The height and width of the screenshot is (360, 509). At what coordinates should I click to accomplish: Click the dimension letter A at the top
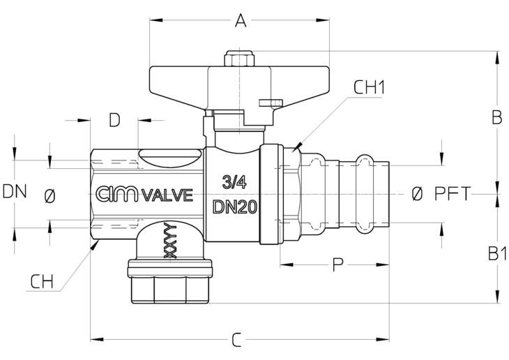241,20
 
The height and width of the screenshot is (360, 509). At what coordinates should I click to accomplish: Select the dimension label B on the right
496,118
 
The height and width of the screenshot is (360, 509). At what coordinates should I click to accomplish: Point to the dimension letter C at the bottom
236,340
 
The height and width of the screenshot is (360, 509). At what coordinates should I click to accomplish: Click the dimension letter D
114,120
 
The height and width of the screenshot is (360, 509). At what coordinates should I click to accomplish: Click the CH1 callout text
369,87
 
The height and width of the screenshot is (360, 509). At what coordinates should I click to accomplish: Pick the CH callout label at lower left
42,282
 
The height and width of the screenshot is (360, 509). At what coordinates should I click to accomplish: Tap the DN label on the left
15,191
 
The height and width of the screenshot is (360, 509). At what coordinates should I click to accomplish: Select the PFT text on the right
453,194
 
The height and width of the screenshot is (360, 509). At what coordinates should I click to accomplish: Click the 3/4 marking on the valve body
234,182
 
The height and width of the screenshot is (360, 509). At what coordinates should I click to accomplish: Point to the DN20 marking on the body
235,207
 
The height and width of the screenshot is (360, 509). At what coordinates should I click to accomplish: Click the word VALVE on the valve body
167,195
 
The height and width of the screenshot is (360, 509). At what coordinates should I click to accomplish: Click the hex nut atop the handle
239,59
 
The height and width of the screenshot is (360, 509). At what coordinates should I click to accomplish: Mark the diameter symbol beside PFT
417,194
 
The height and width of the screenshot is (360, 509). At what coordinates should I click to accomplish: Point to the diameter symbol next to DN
50,197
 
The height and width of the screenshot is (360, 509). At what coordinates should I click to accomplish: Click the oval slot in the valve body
169,157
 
